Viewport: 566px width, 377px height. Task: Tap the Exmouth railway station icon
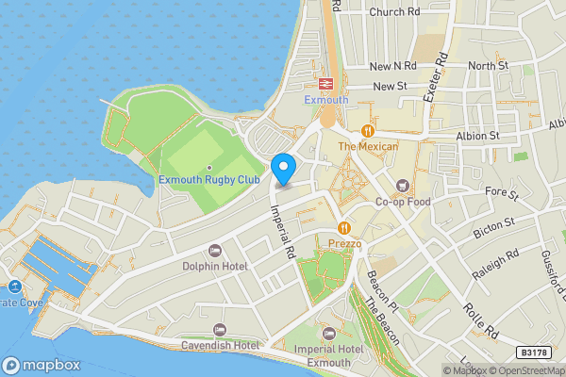(326, 84)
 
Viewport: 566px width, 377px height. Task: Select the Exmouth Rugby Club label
(208, 179)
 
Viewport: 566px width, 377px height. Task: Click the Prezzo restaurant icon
(344, 228)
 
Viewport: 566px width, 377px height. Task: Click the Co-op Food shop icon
(404, 186)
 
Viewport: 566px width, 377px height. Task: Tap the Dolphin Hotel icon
(213, 251)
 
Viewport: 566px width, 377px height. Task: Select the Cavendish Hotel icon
(220, 329)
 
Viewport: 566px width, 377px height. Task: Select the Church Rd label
(394, 12)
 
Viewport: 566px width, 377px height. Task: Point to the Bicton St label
(494, 226)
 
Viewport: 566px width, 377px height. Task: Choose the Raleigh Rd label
(500, 267)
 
